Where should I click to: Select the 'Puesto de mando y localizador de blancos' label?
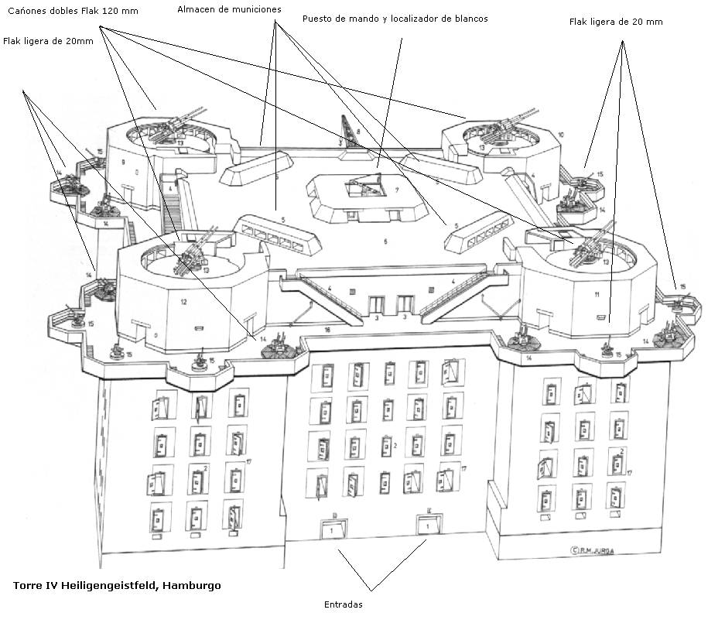[x=395, y=19]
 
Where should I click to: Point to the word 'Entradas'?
[x=343, y=604]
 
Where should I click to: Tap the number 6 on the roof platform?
[x=385, y=241]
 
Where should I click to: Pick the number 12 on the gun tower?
[x=183, y=301]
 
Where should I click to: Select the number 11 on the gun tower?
[x=597, y=296]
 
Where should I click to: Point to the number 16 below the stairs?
[x=327, y=330]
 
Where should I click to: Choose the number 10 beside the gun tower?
[x=560, y=135]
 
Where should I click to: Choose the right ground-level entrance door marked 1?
[x=428, y=527]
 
